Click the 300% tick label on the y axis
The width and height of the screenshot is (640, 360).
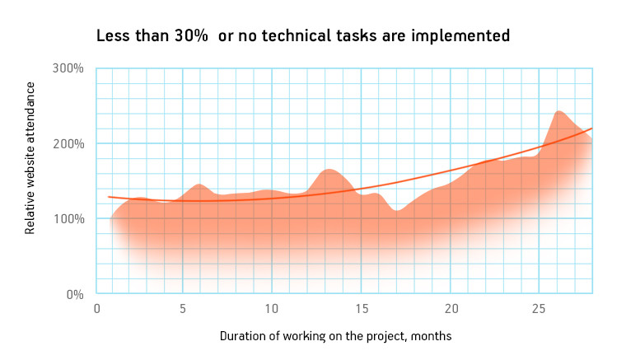coord(68,68)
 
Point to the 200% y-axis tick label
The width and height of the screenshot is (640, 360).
coord(68,143)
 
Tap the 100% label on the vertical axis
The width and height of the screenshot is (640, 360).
coord(68,219)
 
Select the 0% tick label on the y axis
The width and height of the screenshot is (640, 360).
coord(75,294)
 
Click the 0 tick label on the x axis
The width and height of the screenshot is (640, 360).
coord(96,309)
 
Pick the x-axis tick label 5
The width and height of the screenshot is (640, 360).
coord(183,309)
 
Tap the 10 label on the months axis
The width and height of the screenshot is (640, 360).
coord(272,309)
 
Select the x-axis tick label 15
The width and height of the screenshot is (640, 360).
coord(362,309)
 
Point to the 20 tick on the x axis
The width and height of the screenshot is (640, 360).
coord(451,309)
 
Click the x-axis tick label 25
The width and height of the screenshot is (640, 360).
coord(539,309)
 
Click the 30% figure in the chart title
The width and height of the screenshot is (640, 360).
coord(191,35)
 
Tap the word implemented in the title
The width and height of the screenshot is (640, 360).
coord(460,36)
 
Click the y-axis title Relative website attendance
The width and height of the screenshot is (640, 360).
coord(30,158)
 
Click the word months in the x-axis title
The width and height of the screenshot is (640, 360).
coord(431,336)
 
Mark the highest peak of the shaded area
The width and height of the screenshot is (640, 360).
coord(558,111)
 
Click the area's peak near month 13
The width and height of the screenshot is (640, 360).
coord(329,170)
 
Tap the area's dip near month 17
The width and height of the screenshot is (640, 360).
coord(397,211)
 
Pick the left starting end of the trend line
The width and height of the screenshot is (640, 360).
coord(109,197)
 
